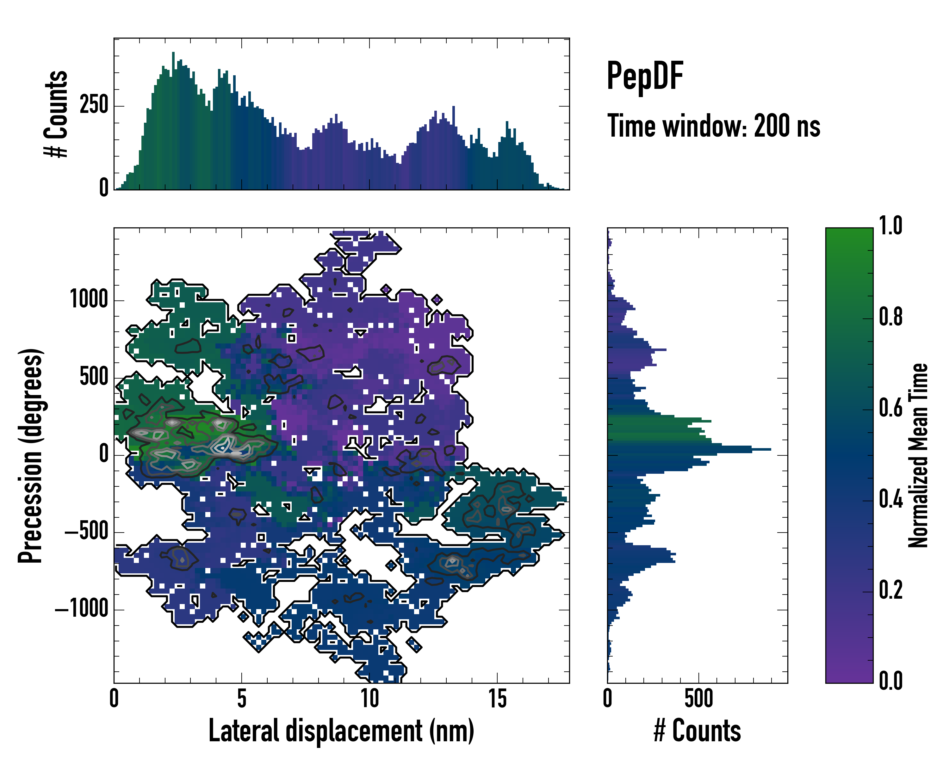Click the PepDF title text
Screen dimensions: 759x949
pyautogui.click(x=645, y=76)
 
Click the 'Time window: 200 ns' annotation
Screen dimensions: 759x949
pyautogui.click(x=714, y=126)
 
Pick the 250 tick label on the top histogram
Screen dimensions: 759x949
pyautogui.click(x=94, y=106)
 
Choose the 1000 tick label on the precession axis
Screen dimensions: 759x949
pyautogui.click(x=89, y=300)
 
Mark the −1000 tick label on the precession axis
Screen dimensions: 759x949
pyautogui.click(x=82, y=609)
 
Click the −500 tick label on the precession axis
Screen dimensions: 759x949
pyautogui.click(x=86, y=532)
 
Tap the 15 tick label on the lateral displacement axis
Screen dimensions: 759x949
pyautogui.click(x=497, y=698)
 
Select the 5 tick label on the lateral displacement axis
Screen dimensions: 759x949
pyautogui.click(x=242, y=698)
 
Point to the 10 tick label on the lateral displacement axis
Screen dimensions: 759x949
pyautogui.click(x=369, y=698)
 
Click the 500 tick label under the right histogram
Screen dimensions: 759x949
pyautogui.click(x=698, y=698)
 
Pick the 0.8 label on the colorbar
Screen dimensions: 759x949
pyautogui.click(x=890, y=317)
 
